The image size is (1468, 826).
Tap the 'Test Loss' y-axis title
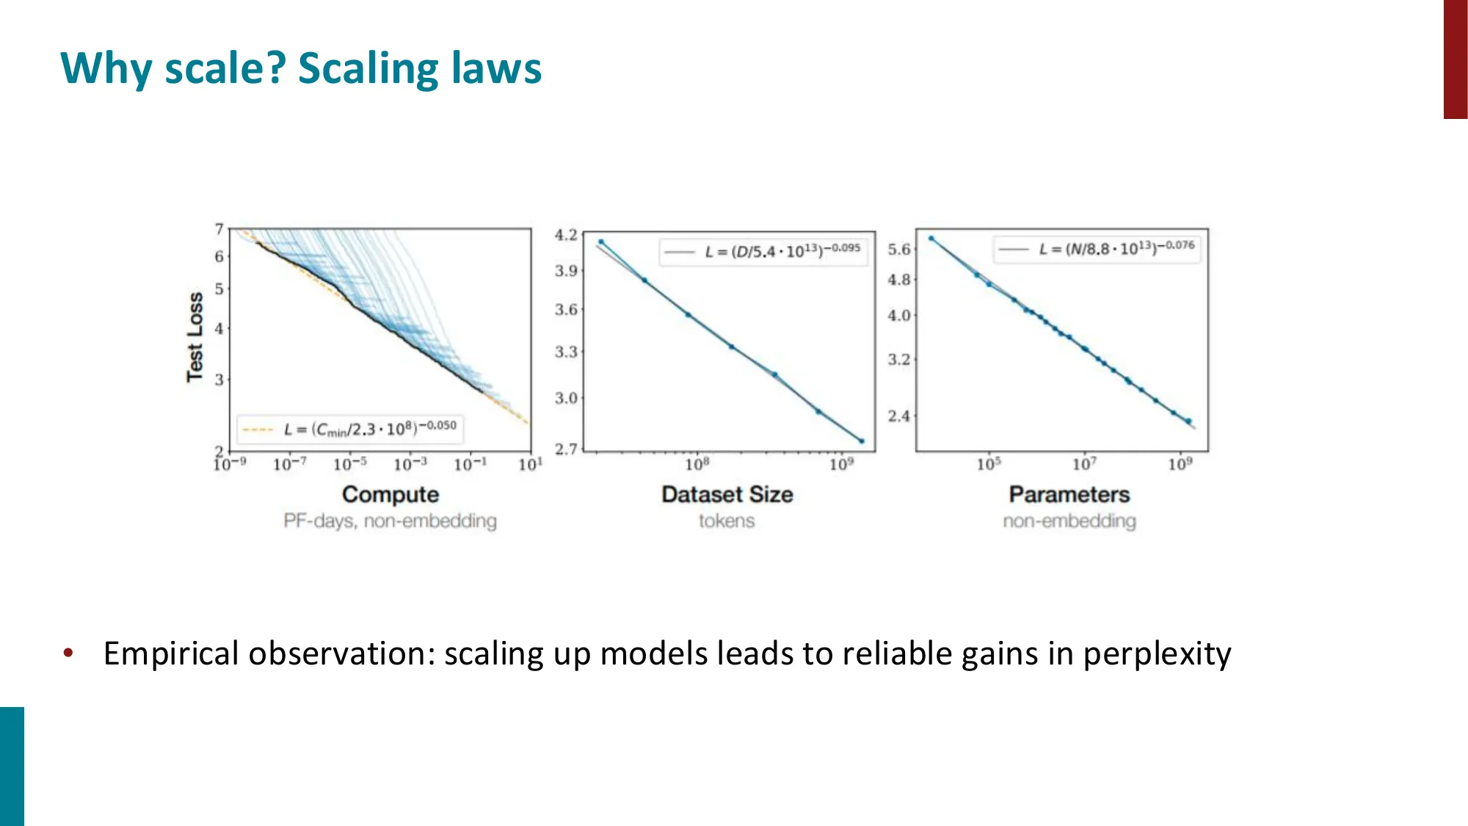[x=195, y=337]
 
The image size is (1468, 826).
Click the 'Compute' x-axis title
[x=390, y=494]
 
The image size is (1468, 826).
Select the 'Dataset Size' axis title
[x=727, y=494]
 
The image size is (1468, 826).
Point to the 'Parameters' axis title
[x=1069, y=494]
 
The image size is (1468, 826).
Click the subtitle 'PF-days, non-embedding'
[x=390, y=521]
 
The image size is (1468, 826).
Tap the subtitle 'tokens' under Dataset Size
[x=726, y=521]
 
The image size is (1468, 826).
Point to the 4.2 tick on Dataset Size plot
[x=565, y=235]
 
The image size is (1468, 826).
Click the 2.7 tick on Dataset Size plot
[x=565, y=449]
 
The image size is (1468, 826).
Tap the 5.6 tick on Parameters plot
[x=898, y=250]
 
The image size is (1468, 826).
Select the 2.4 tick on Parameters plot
[x=898, y=416]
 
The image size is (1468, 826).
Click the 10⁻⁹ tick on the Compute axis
[x=230, y=464]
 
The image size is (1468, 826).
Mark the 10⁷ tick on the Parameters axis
[x=1084, y=464]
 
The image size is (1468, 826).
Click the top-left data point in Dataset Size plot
[x=601, y=242]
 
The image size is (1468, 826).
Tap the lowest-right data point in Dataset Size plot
[x=862, y=441]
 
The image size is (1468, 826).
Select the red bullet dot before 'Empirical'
[x=68, y=652]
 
